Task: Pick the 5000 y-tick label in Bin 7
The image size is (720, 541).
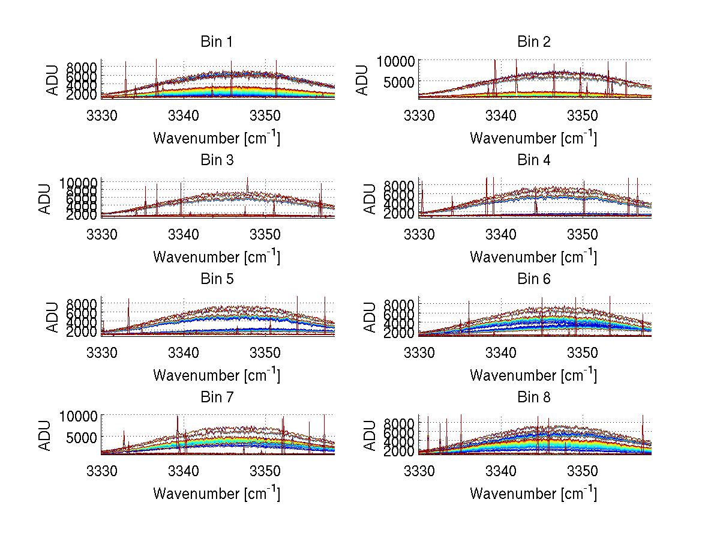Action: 80,437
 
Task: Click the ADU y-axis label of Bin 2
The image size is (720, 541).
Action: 362,80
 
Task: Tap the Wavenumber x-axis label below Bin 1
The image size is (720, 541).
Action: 216,138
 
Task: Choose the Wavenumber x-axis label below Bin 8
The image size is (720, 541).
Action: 533,493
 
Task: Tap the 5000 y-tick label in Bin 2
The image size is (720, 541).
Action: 397,81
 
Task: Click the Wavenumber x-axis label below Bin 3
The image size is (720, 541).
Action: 216,256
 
